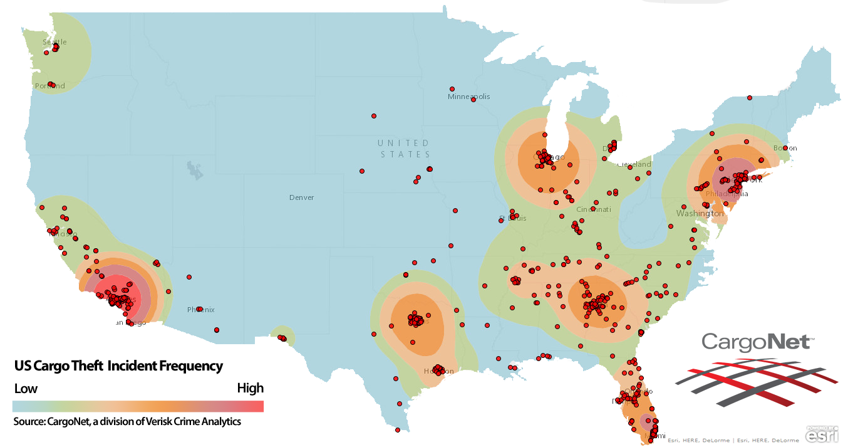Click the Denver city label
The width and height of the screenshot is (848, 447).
(301, 197)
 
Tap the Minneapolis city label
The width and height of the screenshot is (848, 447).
(468, 97)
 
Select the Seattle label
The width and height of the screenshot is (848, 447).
(54, 42)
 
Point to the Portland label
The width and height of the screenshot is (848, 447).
(50, 86)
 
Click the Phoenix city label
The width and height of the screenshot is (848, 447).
(201, 310)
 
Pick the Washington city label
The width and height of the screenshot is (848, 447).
(700, 214)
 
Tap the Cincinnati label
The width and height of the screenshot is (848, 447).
(594, 209)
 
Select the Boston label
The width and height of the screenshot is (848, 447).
(785, 148)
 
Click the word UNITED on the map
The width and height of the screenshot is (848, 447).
(403, 143)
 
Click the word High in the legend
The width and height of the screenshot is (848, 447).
(250, 388)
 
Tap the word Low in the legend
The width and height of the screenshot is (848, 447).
(26, 389)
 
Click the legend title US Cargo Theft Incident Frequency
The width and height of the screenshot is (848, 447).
(118, 365)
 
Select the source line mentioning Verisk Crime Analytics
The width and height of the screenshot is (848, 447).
(127, 421)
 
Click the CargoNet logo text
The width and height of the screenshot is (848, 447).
(757, 342)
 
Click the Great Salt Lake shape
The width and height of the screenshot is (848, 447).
(195, 170)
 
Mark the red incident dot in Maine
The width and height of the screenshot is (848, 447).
(749, 98)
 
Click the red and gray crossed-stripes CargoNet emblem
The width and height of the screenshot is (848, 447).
(757, 381)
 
